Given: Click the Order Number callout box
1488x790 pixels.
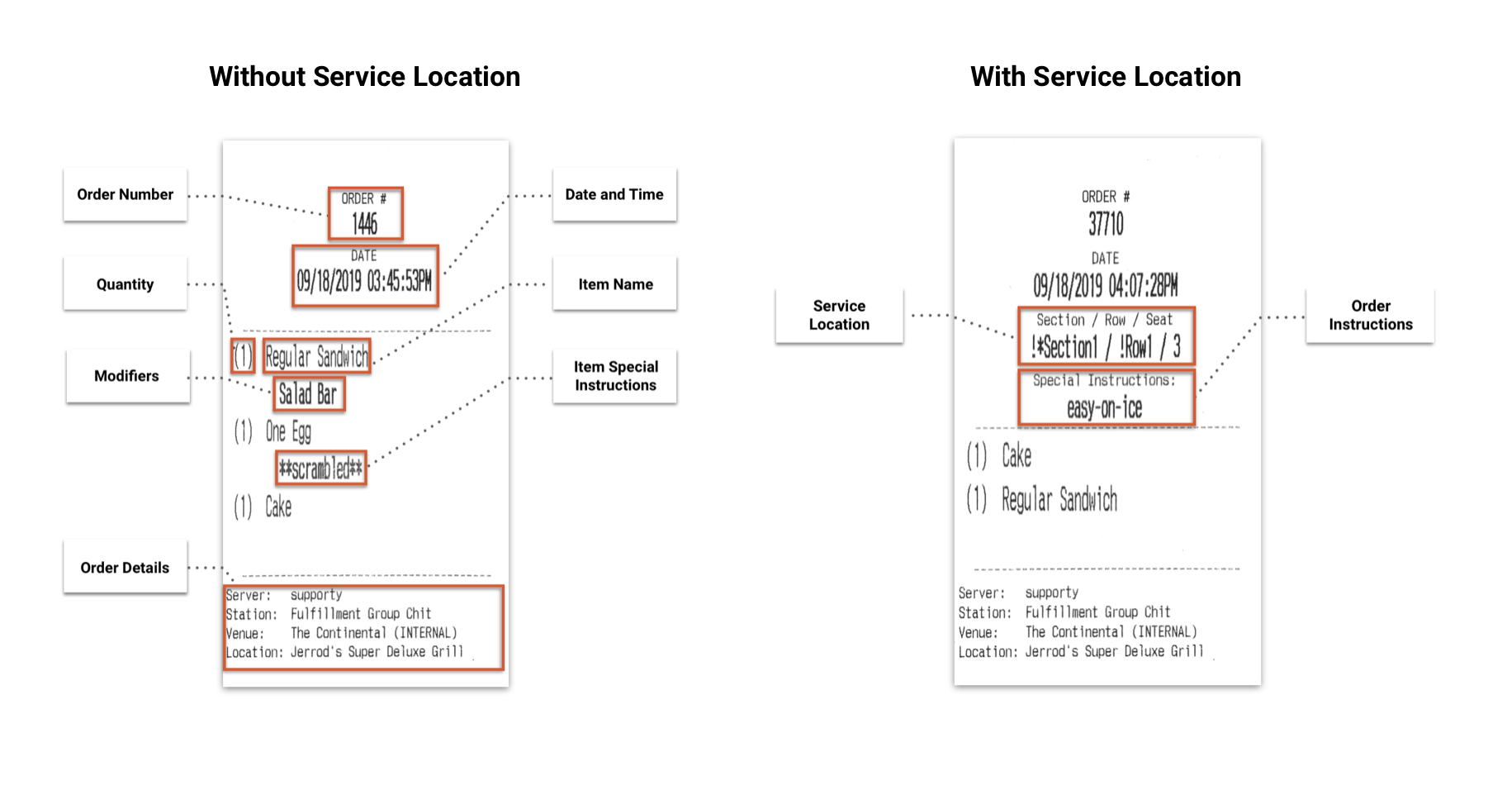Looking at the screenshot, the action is pos(126,195).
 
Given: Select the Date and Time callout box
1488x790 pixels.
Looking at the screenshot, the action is pos(614,195).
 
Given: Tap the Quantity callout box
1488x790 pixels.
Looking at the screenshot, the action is pos(126,284).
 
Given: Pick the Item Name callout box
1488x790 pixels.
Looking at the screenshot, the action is pos(614,284).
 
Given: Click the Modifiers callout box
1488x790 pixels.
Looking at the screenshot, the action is pos(128,376).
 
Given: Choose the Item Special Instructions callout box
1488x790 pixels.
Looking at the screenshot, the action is pos(614,376).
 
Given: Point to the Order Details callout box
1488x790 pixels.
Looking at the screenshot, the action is pos(126,567).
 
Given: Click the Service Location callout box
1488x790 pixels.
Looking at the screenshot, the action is pos(839,316).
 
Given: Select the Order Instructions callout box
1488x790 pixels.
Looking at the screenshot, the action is pos(1370,316).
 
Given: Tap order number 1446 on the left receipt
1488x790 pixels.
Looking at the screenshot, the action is pos(365,224).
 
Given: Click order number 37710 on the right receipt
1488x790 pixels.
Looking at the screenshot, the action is pos(1106,224).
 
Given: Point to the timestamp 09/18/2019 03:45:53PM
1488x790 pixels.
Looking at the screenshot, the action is pos(364,282).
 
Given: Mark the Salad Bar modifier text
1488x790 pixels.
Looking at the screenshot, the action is pos(308,394).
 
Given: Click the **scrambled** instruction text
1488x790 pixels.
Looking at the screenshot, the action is pos(320,469).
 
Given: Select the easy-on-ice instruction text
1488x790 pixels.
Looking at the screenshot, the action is pos(1105,407).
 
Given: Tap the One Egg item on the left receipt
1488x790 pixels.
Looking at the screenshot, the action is pos(288,431).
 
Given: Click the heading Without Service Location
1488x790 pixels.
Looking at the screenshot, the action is pos(365,77).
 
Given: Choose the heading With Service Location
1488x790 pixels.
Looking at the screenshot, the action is pos(1106,77).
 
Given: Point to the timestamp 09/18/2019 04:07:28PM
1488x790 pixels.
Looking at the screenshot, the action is pos(1106,286).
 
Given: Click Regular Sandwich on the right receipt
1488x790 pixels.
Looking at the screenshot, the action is pos(1059,500).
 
